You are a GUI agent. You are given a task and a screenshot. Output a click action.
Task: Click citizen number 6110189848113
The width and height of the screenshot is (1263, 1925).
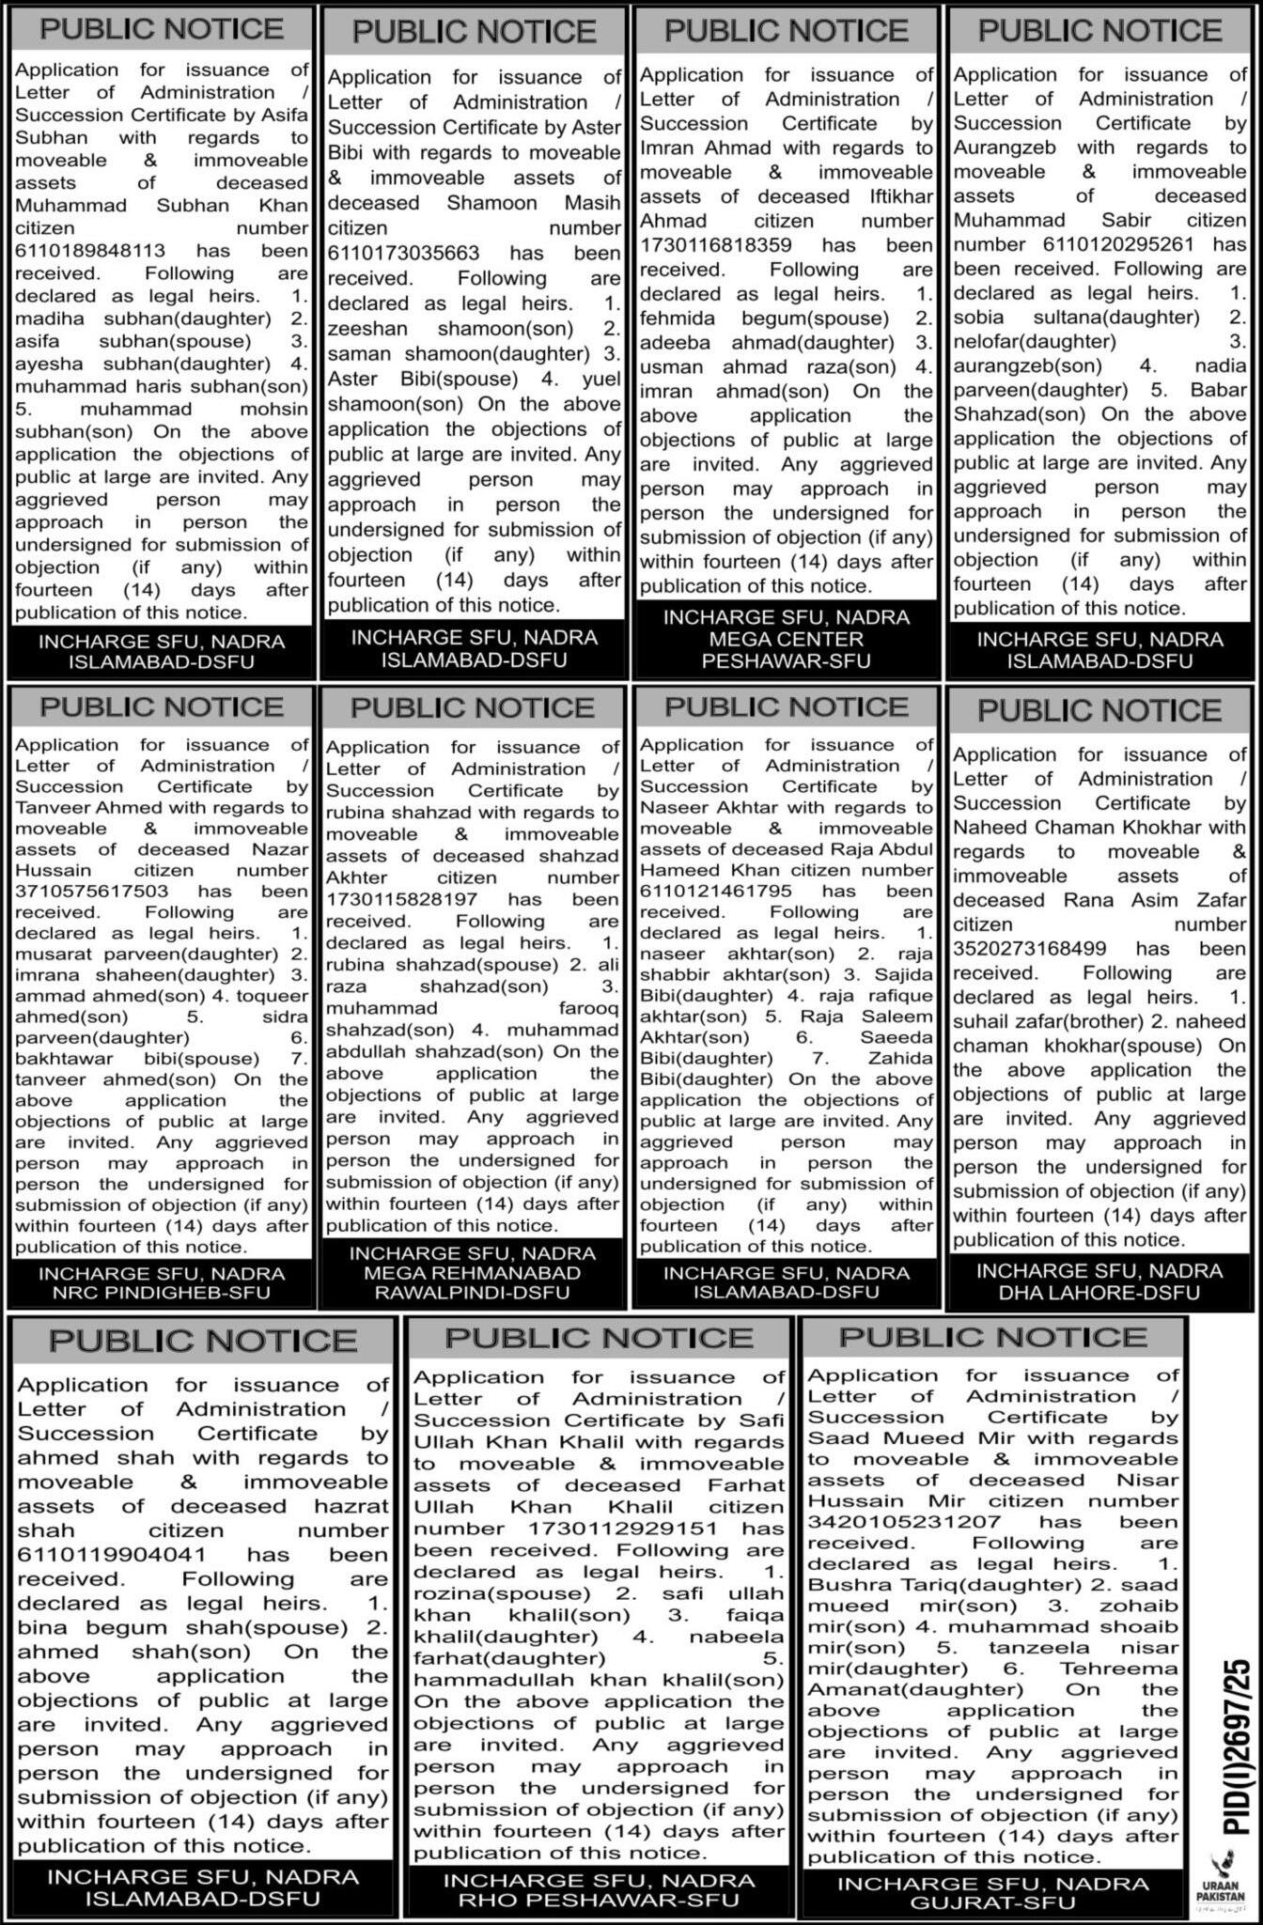coord(90,251)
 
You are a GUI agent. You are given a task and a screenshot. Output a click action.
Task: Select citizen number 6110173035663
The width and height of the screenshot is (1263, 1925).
coord(403,254)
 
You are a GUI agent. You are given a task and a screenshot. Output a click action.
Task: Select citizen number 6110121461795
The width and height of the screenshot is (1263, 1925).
coord(716,891)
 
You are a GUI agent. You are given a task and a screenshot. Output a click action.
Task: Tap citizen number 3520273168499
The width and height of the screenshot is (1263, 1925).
coord(1030,949)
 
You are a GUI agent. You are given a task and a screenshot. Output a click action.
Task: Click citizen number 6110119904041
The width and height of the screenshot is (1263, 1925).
coord(112,1555)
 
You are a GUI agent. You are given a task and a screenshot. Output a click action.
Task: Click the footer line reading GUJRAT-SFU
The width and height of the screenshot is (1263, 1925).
coord(993,1904)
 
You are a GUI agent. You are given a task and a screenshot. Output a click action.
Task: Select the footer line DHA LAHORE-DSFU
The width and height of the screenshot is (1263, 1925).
coord(1099,1293)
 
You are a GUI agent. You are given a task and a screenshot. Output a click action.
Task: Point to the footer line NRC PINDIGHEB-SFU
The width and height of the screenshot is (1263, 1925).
coord(162,1293)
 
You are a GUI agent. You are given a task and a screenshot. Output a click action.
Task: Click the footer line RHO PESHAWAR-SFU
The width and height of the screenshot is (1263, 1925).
coord(599,1902)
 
